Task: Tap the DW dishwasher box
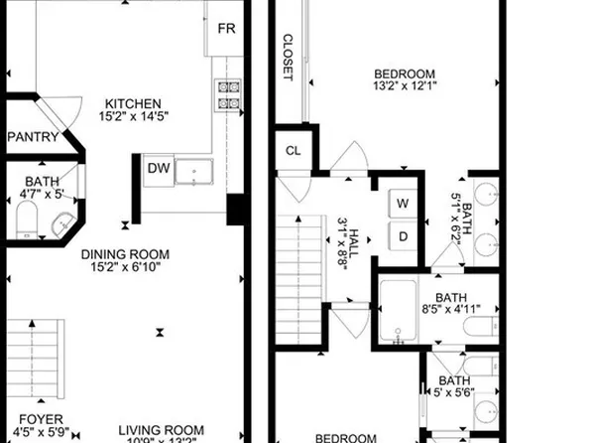[159, 169]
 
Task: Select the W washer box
[404, 204]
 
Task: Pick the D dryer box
[404, 236]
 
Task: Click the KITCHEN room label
[135, 102]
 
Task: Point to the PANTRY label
[33, 138]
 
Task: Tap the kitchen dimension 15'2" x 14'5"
[135, 116]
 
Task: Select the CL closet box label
[293, 151]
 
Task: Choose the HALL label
[353, 239]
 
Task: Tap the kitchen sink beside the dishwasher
[194, 171]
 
